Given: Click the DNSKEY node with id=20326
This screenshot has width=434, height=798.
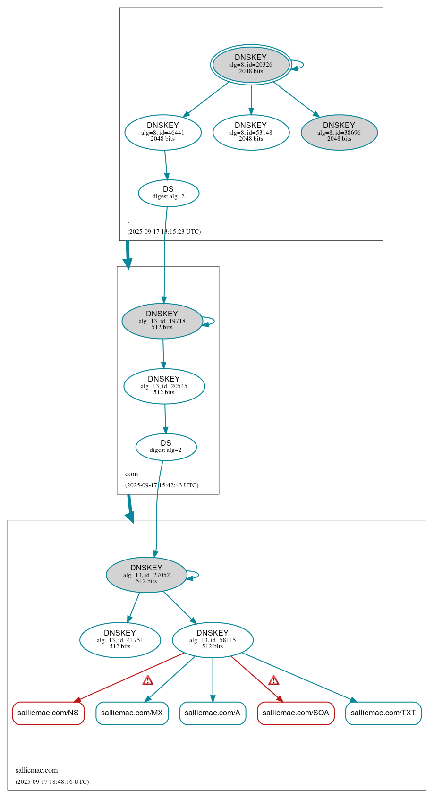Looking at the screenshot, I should tap(251, 65).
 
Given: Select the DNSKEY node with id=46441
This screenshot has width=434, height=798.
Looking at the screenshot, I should tap(163, 132).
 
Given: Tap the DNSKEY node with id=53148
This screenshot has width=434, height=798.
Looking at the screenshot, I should tap(251, 132).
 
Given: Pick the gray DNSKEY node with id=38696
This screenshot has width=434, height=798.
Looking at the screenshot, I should tap(339, 132).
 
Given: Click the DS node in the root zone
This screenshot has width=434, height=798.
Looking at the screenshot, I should tap(169, 193).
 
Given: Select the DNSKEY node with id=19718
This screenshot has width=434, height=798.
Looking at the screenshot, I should tap(162, 321).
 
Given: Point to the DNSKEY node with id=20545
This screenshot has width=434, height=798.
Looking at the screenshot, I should tap(164, 386).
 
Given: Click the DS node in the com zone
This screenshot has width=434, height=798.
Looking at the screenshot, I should tap(166, 447).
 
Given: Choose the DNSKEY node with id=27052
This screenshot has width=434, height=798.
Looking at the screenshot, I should tap(146, 575).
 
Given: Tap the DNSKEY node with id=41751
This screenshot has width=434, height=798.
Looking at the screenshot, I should tap(120, 640).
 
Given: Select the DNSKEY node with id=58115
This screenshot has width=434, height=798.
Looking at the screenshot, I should tap(213, 640).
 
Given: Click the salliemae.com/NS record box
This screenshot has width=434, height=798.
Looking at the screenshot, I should tap(48, 713).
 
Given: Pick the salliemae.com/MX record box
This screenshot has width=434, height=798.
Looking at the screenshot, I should tap(132, 713).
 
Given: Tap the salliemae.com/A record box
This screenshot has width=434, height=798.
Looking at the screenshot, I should tap(213, 713).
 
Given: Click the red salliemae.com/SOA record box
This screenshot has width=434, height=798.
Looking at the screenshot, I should tap(296, 713).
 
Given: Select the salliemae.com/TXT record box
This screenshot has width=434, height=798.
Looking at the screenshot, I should tap(383, 713).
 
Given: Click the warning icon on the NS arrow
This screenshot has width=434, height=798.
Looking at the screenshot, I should tap(148, 680).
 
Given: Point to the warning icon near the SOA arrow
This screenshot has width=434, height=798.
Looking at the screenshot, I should tap(274, 680).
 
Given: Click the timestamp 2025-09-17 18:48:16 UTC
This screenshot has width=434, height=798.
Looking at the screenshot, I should tap(52, 781).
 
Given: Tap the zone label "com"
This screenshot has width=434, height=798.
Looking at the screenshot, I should tap(132, 474).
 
